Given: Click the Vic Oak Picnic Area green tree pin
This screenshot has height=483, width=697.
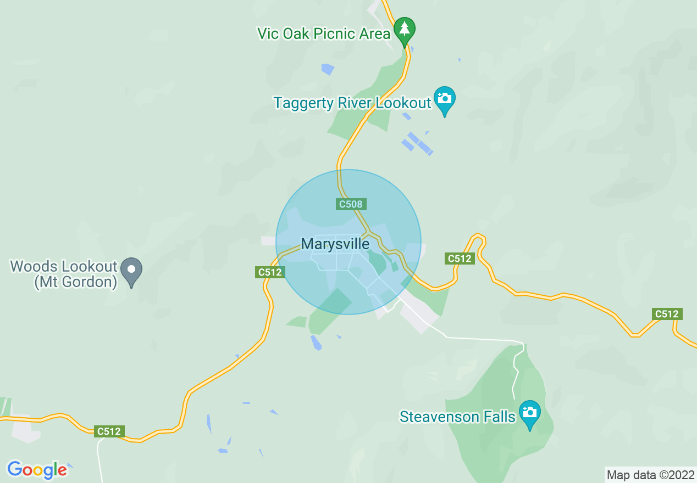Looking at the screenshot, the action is point(405,29).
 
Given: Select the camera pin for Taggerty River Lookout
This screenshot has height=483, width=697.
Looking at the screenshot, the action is point(444,99).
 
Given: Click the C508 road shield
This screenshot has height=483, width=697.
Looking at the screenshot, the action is point(351,204).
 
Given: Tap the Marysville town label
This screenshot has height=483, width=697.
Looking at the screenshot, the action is point(335,244).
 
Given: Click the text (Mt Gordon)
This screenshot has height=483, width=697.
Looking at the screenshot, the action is point(76,283).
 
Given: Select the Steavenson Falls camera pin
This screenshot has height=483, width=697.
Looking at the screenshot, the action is point(529,412).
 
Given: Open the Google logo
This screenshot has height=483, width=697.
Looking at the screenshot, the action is point(37,470).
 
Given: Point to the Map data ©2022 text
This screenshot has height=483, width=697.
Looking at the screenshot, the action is point(650,475).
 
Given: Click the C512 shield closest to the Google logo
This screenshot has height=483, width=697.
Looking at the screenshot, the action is point(108,431).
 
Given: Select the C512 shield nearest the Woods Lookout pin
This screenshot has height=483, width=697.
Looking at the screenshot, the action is point(270,272).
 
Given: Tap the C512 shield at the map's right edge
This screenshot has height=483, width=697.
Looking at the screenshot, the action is point(667,314).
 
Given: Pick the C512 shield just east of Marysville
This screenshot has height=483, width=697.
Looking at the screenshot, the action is point(460,258).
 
